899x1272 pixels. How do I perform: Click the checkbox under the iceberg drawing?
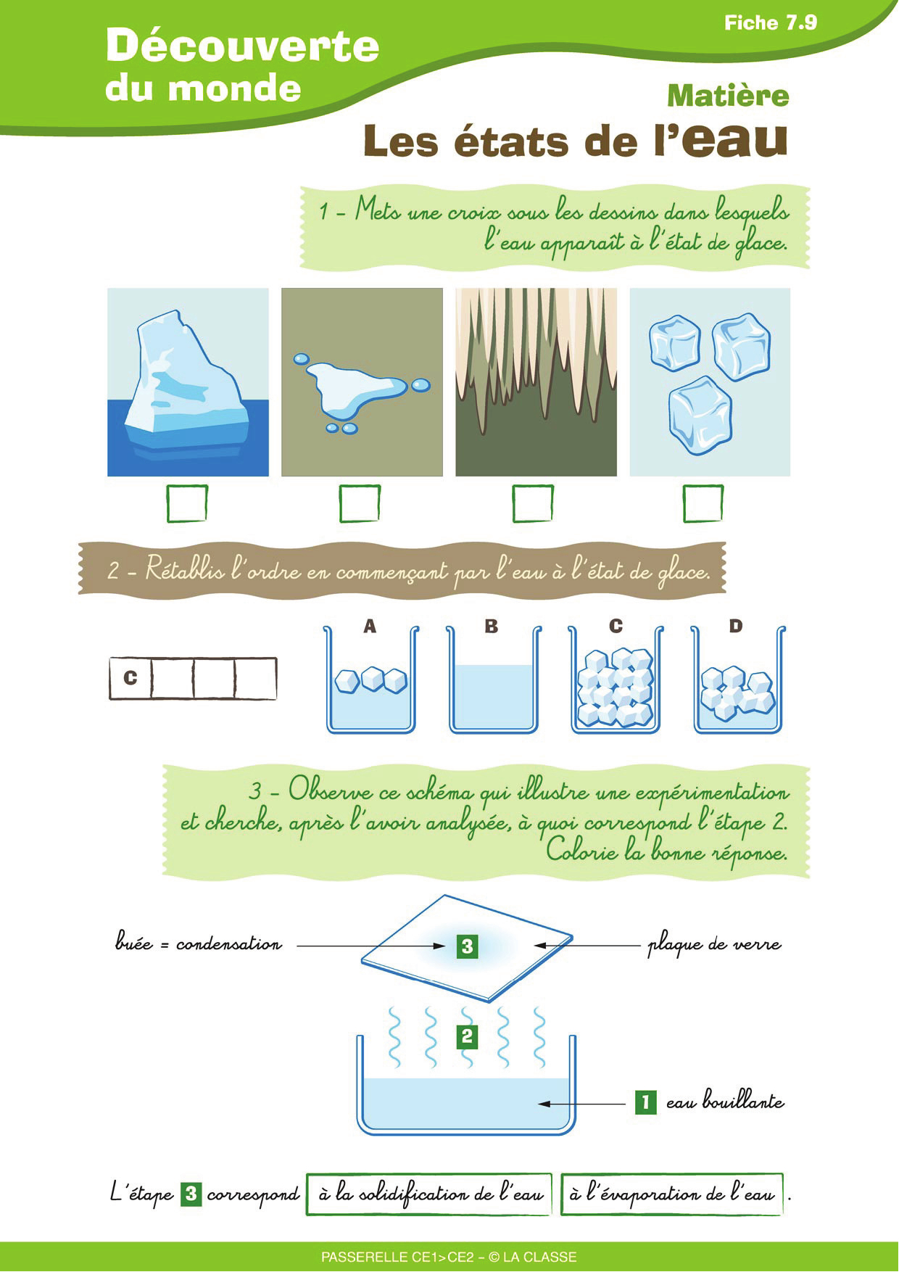point(187,503)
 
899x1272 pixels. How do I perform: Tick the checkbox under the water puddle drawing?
point(360,503)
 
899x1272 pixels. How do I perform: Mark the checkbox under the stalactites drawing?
point(533,503)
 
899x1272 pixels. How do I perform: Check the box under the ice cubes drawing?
point(703,503)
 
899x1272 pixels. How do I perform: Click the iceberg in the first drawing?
point(185,384)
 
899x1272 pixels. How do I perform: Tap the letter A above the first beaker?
point(370,626)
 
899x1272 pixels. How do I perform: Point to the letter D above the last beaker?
point(736,626)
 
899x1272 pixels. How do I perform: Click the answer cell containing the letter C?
point(130,678)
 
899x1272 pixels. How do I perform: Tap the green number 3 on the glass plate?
point(468,946)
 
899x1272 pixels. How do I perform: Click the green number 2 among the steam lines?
point(467,1036)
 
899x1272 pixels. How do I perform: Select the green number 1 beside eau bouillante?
point(645,1102)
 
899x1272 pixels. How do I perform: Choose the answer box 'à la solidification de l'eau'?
point(429,1194)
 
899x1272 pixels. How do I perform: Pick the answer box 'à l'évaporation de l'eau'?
point(672,1194)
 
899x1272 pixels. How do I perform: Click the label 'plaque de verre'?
point(714,945)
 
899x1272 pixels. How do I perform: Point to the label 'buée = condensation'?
point(198,943)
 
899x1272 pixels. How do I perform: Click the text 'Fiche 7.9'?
point(771,23)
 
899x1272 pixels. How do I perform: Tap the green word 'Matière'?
point(728,96)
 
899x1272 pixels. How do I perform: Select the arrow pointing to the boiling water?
point(581,1104)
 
